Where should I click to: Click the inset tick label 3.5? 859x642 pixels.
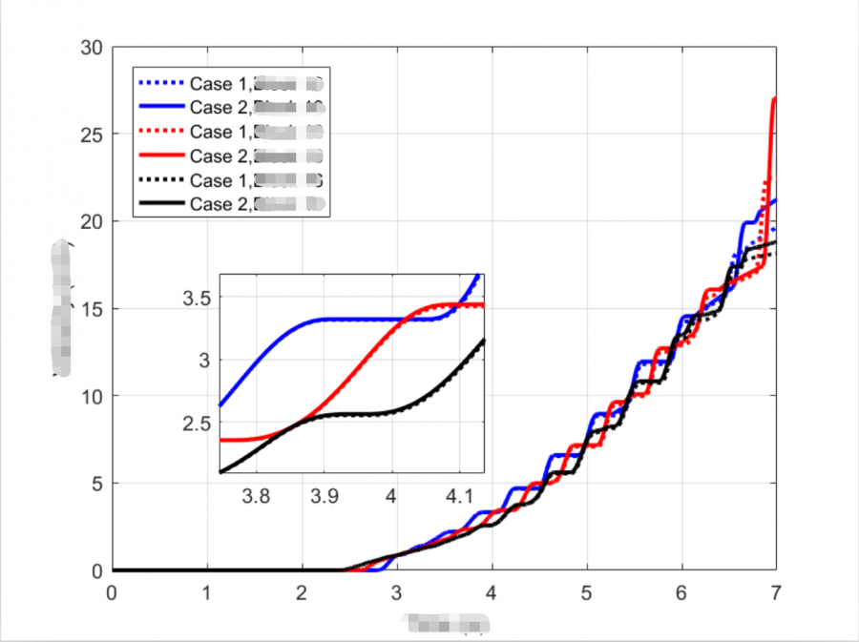[x=196, y=298]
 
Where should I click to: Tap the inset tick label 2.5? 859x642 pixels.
[x=196, y=424]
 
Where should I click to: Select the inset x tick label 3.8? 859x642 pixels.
[x=256, y=496]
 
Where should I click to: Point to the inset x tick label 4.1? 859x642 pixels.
[x=459, y=496]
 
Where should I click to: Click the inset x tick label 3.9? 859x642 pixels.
[x=324, y=496]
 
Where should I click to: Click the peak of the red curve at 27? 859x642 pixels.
[x=774, y=99]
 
